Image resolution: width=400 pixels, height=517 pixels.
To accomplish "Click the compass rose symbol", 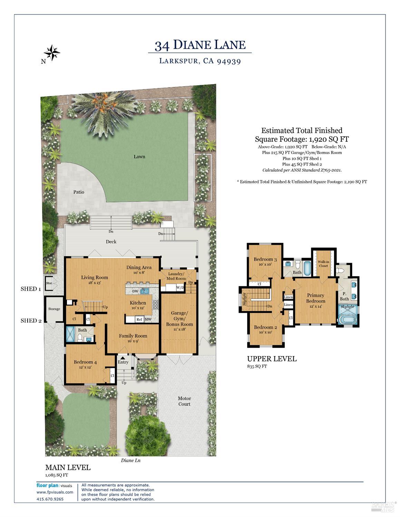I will coord(52,53).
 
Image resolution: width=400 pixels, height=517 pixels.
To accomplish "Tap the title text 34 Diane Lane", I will coord(200,45).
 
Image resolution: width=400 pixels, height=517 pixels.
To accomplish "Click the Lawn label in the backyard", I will coord(139,157).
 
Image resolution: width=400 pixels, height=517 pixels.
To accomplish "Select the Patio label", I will coord(79,192).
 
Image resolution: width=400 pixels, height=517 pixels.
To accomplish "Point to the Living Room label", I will coord(95,277).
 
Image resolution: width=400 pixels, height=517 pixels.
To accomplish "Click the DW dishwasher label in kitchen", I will coord(136,291).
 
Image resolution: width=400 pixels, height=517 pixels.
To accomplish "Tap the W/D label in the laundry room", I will coord(180,287).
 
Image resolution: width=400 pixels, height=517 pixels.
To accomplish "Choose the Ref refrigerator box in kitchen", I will coord(139,319).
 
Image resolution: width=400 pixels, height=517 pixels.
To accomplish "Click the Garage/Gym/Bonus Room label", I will coord(179,319).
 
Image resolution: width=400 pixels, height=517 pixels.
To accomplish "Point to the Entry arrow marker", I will coord(122,358).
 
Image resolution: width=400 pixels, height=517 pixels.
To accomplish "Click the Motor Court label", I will coord(184,401).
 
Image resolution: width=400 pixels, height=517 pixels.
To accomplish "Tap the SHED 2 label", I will coord(31,320).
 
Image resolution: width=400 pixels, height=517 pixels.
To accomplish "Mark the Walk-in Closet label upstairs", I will coord(323,264).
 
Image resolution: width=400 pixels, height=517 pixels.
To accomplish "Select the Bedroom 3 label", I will coord(265,259).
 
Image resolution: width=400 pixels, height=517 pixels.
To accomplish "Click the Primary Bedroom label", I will coord(315,298).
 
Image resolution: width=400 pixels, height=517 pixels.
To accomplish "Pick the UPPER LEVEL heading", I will coord(272,359).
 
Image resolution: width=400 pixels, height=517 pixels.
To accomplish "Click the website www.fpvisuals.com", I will coord(55,492).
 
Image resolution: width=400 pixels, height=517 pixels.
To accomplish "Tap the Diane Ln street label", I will coord(130,460).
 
